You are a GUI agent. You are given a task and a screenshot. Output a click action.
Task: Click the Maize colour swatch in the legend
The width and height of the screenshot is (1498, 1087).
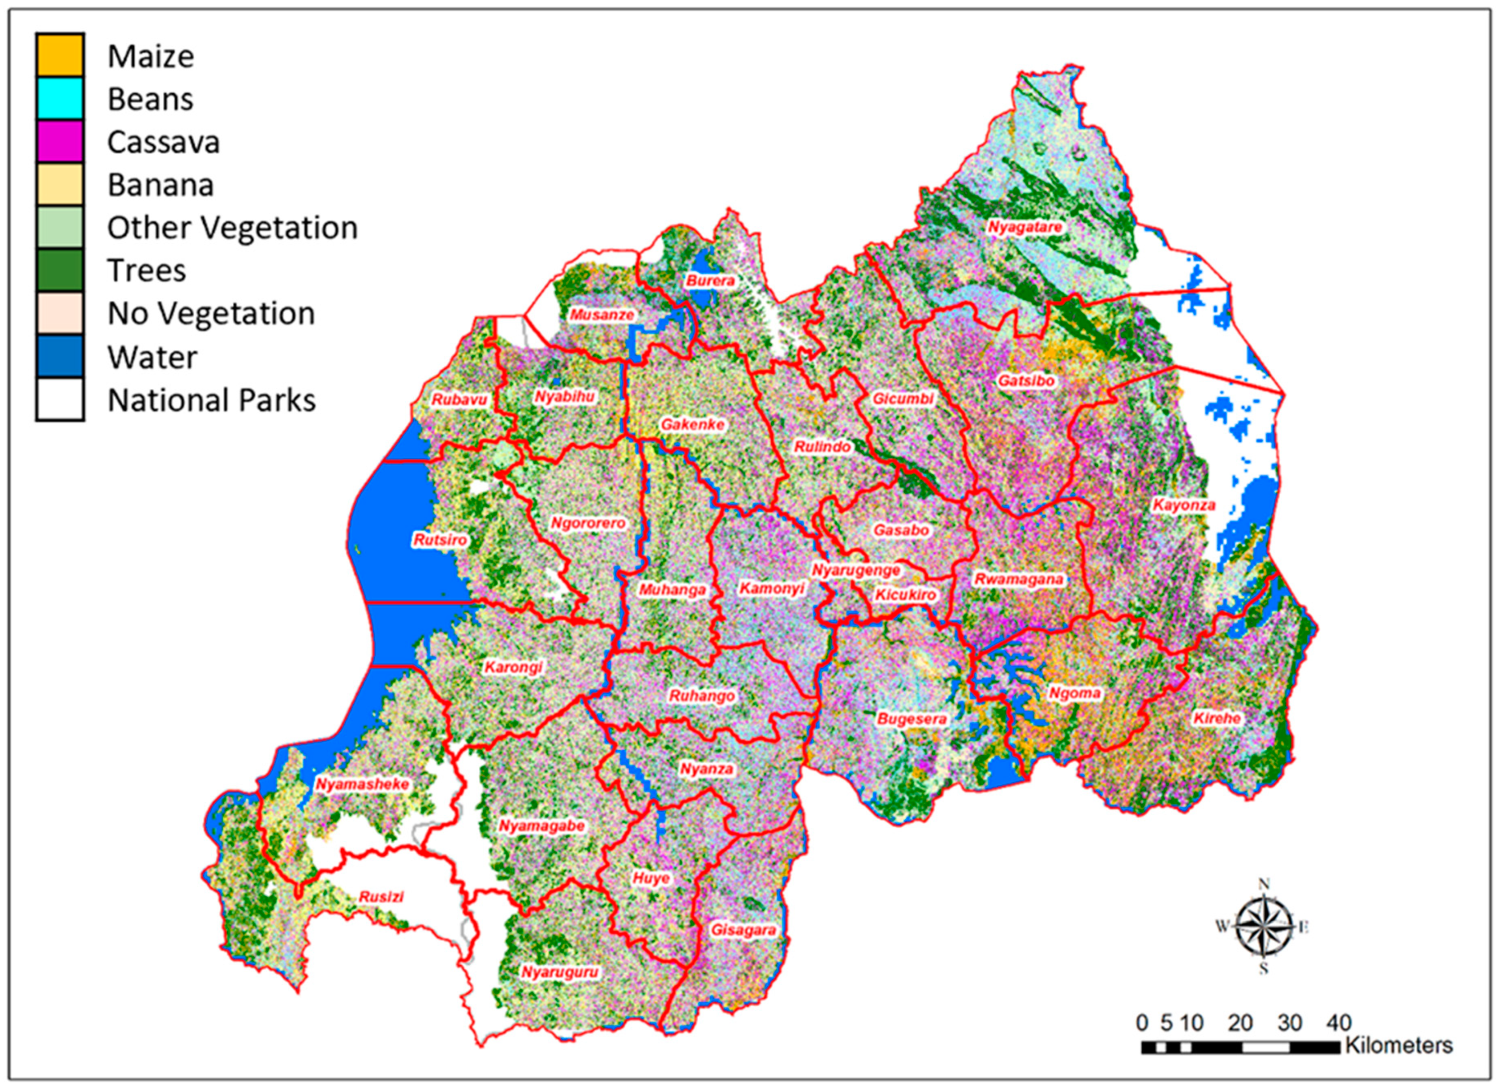[x=60, y=55]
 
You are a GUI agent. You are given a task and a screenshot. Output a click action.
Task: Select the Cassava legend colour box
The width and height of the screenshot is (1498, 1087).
[x=60, y=141]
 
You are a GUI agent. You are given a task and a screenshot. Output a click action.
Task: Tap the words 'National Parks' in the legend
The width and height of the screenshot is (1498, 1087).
[x=211, y=400]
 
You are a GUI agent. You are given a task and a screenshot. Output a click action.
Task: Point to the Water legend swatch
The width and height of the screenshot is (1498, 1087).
[x=60, y=357]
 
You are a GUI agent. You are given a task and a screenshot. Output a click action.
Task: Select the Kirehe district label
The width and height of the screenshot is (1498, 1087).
[x=1217, y=718]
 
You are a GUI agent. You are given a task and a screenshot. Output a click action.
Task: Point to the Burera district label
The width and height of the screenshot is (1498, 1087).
[x=710, y=281]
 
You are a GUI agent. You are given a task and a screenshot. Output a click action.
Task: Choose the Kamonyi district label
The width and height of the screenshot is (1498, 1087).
[x=771, y=588]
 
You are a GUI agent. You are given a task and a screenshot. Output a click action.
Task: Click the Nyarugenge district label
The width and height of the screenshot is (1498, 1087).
[x=856, y=570]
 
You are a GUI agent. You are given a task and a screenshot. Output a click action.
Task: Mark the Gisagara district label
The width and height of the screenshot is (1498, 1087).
[x=743, y=930]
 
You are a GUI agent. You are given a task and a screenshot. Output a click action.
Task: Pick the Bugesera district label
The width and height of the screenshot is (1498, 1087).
[x=912, y=719]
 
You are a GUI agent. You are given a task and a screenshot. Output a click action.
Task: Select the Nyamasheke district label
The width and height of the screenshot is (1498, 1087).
[x=362, y=784]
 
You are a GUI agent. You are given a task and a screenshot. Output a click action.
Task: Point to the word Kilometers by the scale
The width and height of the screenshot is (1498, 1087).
[x=1399, y=1046]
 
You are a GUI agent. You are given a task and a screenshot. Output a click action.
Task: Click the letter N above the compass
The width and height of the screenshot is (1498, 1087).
[x=1264, y=884]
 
